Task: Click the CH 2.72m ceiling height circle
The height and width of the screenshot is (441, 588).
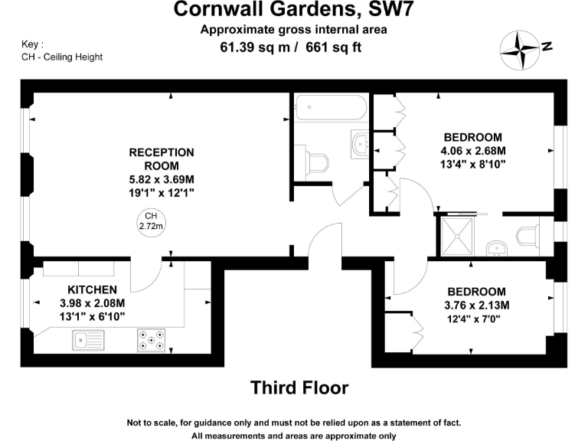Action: pyautogui.click(x=152, y=221)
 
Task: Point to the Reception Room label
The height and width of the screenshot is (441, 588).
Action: pyautogui.click(x=162, y=159)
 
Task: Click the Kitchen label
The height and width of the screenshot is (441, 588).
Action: pyautogui.click(x=92, y=289)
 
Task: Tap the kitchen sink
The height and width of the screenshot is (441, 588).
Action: pyautogui.click(x=88, y=338)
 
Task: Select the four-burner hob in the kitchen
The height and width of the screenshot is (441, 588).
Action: pyautogui.click(x=151, y=339)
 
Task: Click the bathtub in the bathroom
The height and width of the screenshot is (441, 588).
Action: pyautogui.click(x=330, y=108)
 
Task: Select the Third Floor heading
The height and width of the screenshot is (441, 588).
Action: pyautogui.click(x=299, y=387)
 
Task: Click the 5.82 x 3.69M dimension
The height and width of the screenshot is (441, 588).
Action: pyautogui.click(x=162, y=180)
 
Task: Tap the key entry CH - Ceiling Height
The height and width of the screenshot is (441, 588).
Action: pyautogui.click(x=62, y=57)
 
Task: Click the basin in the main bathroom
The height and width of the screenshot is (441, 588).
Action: pyautogui.click(x=359, y=142)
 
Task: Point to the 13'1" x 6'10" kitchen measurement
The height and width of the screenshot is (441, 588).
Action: pyautogui.click(x=92, y=315)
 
